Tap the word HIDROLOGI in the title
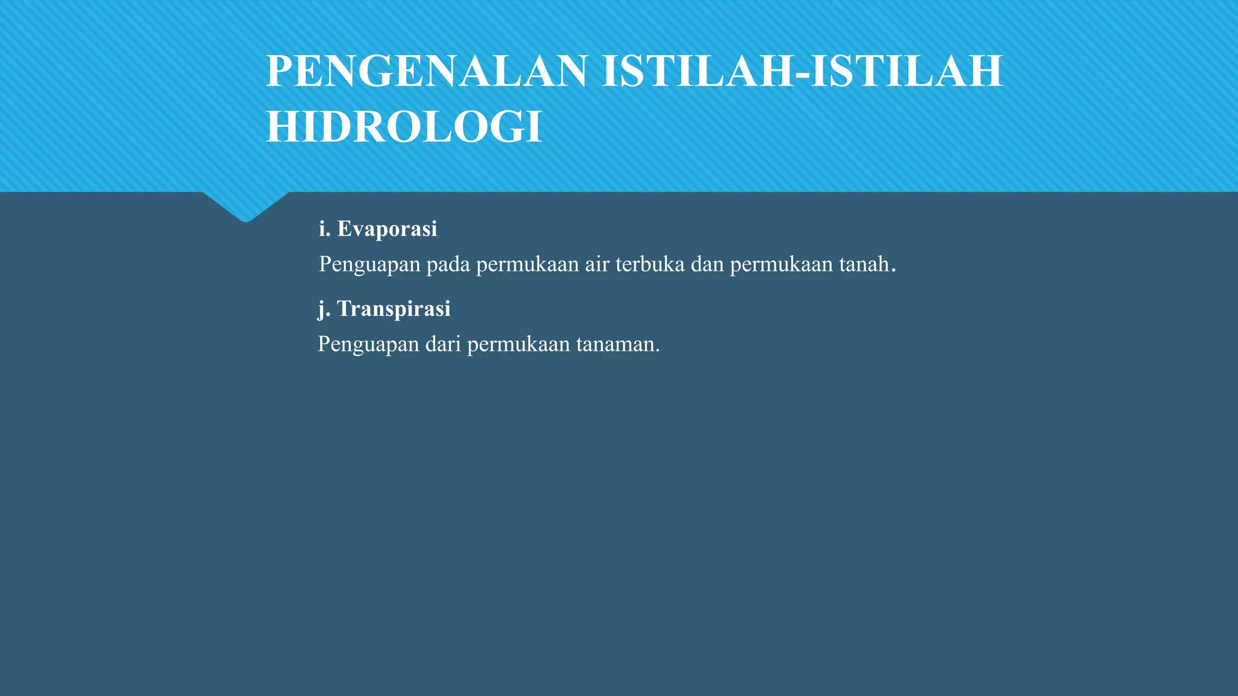pyautogui.click(x=404, y=127)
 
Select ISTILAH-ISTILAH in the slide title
pyautogui.click(x=802, y=71)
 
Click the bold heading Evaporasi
pyautogui.click(x=387, y=229)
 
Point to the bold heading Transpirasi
pyautogui.click(x=394, y=309)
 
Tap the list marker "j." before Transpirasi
pyautogui.click(x=324, y=309)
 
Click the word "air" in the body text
pyautogui.click(x=597, y=265)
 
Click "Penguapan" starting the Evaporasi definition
pyautogui.click(x=369, y=265)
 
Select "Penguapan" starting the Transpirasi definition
pyautogui.click(x=368, y=344)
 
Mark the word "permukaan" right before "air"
pyautogui.click(x=527, y=265)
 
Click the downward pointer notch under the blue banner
pyautogui.click(x=245, y=208)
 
